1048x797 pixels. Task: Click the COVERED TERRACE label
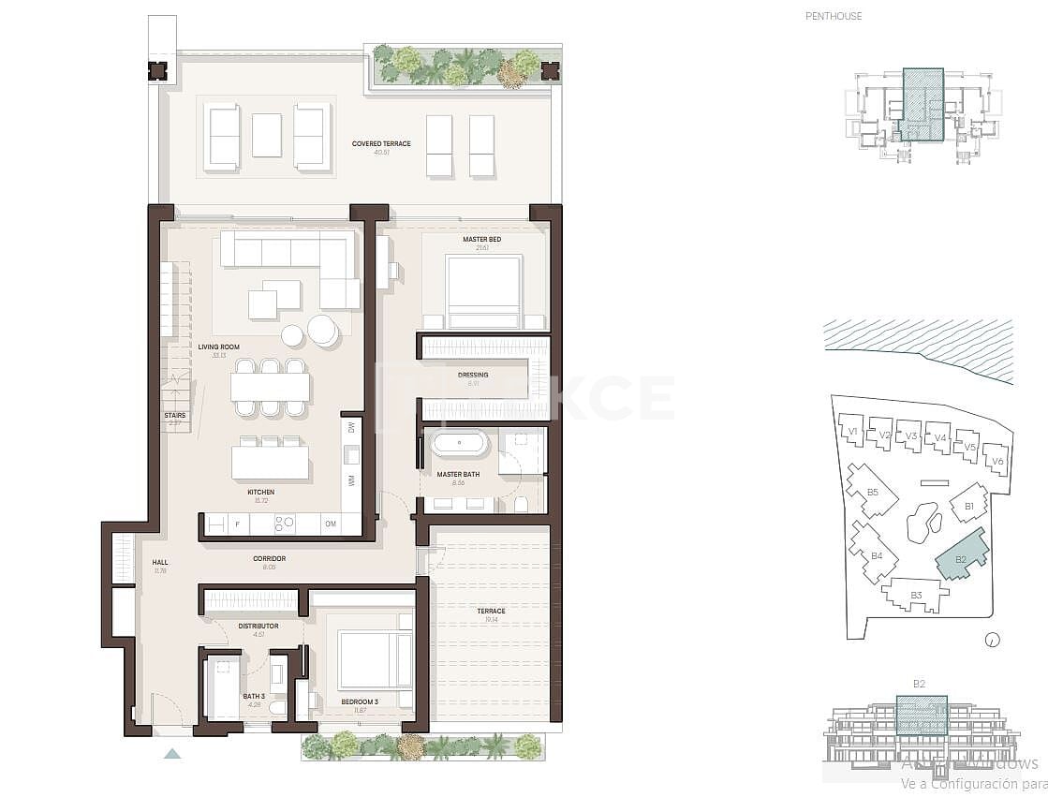(x=381, y=144)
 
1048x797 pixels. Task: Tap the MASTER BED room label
(x=481, y=240)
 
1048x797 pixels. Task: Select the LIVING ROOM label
(x=218, y=347)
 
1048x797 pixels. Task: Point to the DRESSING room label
(x=473, y=375)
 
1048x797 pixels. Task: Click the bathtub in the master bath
(x=459, y=442)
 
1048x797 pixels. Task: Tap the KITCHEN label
(x=260, y=492)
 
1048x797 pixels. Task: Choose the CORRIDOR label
(x=269, y=559)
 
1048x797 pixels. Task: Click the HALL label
(x=159, y=563)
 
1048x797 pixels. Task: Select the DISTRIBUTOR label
(x=258, y=626)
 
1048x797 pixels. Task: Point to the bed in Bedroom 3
(x=375, y=659)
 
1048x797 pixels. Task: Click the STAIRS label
(x=174, y=416)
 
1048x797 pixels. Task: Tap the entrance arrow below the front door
(x=171, y=752)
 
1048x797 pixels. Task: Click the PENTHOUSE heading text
(x=834, y=16)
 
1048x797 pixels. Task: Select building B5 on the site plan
(x=870, y=492)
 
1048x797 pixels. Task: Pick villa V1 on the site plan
(x=851, y=431)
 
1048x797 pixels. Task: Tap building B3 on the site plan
(x=915, y=594)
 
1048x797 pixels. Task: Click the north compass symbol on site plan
(x=993, y=641)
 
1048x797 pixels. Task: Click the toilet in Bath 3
(x=278, y=708)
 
